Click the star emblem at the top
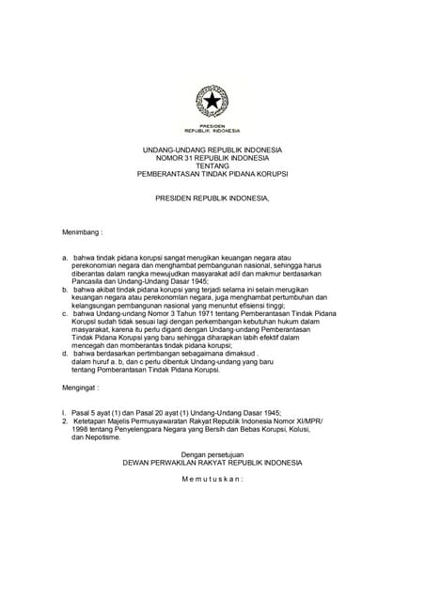click(x=212, y=100)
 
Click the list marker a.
click(x=64, y=257)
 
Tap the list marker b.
click(x=64, y=292)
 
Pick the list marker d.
click(x=64, y=353)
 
